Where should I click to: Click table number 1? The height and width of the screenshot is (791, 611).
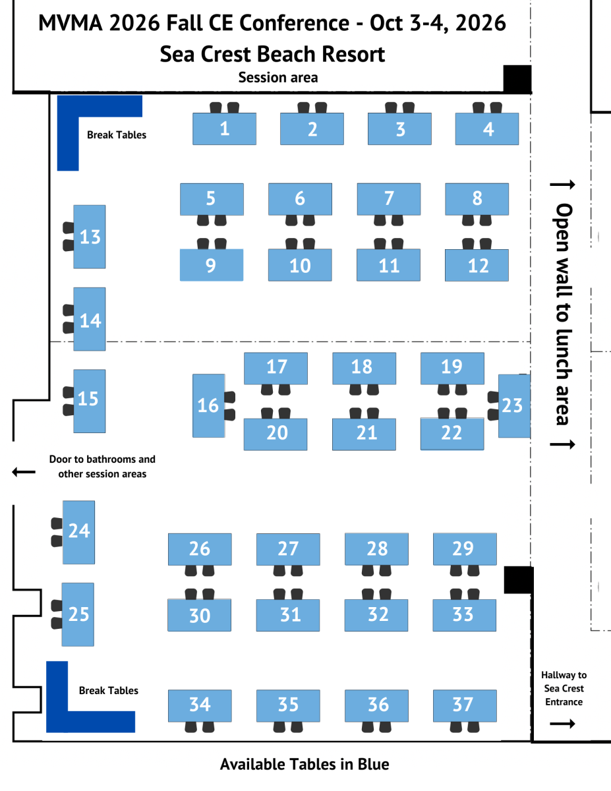pyautogui.click(x=224, y=129)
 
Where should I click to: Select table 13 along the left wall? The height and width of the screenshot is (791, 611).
pyautogui.click(x=90, y=237)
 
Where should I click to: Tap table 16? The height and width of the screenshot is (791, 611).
pyautogui.click(x=208, y=405)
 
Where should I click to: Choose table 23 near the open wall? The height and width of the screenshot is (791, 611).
pyautogui.click(x=513, y=405)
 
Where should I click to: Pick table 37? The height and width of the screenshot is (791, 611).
pyautogui.click(x=464, y=705)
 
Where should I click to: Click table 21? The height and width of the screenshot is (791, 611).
pyautogui.click(x=364, y=434)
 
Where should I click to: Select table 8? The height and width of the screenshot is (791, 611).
pyautogui.click(x=477, y=198)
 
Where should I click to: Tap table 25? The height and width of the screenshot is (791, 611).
pyautogui.click(x=78, y=614)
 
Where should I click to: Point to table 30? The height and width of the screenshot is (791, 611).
pyautogui.click(x=199, y=615)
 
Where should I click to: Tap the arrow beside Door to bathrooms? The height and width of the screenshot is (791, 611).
pyautogui.click(x=24, y=472)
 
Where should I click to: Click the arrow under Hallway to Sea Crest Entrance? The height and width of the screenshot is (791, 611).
pyautogui.click(x=563, y=724)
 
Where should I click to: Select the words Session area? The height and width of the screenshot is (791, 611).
pyautogui.click(x=278, y=78)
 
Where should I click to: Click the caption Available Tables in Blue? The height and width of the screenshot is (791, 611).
pyautogui.click(x=305, y=765)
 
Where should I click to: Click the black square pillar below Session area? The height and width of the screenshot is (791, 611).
pyautogui.click(x=517, y=79)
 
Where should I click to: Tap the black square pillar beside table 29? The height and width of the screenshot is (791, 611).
pyautogui.click(x=517, y=579)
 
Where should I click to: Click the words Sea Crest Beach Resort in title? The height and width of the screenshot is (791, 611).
pyautogui.click(x=272, y=53)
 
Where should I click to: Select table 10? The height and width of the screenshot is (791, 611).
pyautogui.click(x=300, y=265)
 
